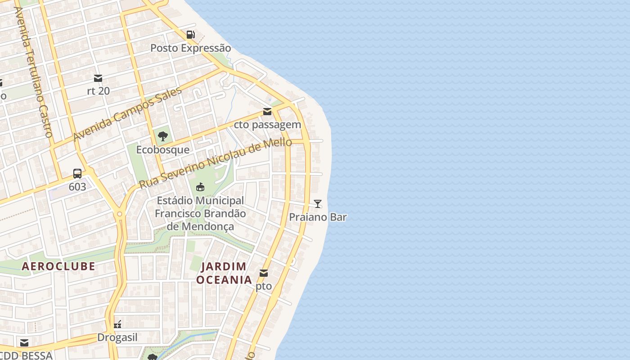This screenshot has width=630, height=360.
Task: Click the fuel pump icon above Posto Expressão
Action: tap(191, 35)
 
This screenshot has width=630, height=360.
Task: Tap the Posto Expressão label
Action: tap(190, 48)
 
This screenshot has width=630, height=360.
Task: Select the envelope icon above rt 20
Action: tap(98, 78)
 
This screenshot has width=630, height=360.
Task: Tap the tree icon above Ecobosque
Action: tap(163, 136)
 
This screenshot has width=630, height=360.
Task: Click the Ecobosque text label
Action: tap(163, 150)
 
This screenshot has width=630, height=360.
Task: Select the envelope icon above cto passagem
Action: tap(267, 111)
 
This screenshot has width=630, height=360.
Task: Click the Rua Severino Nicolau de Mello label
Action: tap(216, 164)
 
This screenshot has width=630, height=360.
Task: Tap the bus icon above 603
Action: tap(77, 174)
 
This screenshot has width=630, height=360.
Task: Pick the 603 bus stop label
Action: tap(77, 187)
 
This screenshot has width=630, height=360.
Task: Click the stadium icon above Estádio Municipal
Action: tap(200, 187)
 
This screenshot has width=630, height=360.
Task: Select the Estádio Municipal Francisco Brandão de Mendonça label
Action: tap(200, 213)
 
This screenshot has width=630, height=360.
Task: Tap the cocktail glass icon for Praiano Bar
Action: tap(318, 204)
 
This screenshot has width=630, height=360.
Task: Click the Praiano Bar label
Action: tap(318, 217)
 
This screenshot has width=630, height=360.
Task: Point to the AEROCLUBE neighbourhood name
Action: tap(58, 266)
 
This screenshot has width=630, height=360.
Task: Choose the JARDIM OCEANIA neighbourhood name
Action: tap(224, 273)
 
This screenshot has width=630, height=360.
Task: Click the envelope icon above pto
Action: tap(264, 273)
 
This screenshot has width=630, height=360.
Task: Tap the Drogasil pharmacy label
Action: tap(117, 337)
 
